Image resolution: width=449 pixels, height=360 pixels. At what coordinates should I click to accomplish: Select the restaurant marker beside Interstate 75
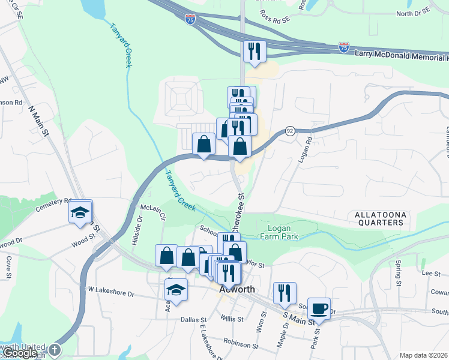254,52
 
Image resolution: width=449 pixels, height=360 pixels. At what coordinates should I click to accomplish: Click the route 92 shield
289,131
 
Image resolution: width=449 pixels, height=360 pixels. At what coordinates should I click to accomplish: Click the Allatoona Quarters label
379,218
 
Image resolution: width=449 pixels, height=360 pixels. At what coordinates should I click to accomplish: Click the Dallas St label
194,320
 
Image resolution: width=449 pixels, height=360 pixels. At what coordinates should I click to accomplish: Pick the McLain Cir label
152,208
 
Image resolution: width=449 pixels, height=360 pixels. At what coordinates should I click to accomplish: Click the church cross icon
55,349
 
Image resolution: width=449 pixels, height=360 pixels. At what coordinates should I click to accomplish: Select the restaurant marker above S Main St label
283,293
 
